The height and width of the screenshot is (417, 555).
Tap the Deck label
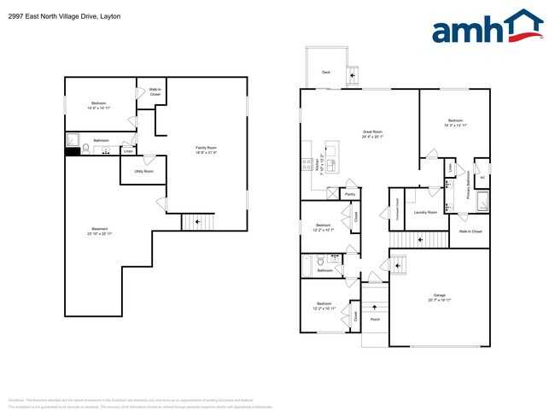pos(325,73)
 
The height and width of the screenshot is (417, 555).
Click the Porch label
pos(375,320)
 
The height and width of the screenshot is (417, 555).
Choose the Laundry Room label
pos(425,212)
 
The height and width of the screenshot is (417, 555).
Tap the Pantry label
pos(350,195)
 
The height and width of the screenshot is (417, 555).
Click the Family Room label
pos(207,150)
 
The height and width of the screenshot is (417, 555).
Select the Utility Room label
pos(143,171)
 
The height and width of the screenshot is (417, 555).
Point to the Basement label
pos(101,230)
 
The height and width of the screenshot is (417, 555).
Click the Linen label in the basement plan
pos(128,151)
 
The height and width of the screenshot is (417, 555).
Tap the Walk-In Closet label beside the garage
pos(470,231)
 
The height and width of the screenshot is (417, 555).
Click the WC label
pos(482,178)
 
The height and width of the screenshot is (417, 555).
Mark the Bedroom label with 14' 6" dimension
pos(101,106)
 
